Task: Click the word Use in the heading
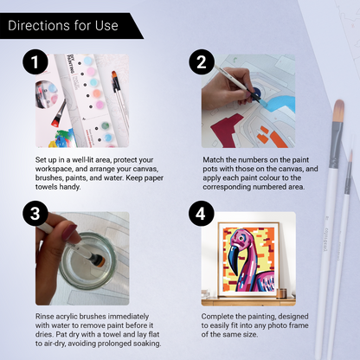point(106,25)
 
